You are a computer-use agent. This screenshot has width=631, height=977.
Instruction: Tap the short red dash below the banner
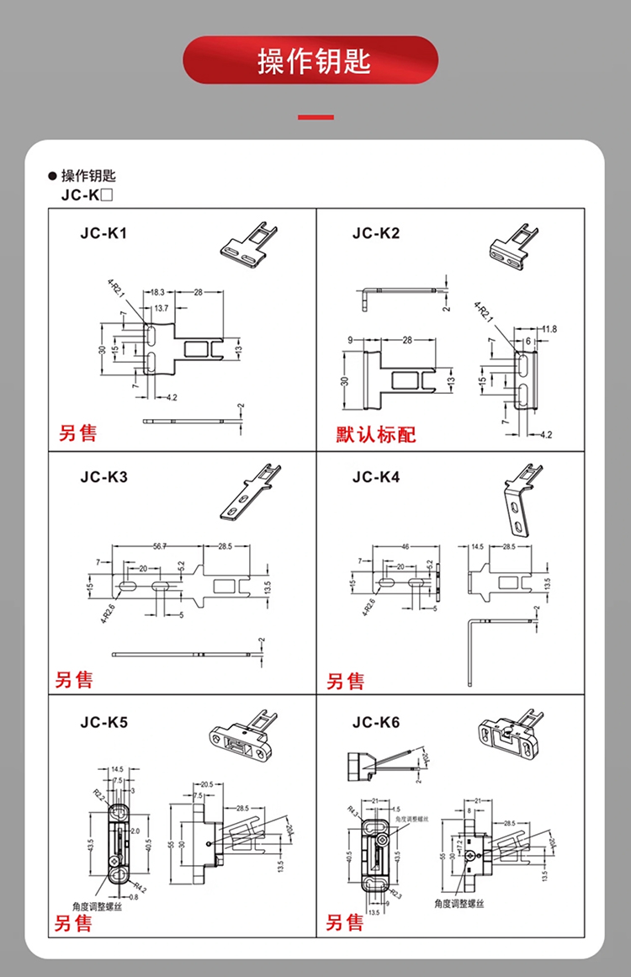click(x=315, y=117)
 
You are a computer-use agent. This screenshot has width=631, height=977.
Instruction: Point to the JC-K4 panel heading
click(x=376, y=477)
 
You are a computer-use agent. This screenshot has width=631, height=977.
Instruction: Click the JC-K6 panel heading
click(x=376, y=722)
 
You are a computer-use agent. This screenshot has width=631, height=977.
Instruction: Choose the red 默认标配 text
click(x=376, y=434)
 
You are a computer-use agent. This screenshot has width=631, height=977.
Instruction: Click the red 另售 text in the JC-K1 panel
click(x=77, y=433)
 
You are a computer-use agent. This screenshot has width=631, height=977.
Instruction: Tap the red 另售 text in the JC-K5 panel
click(x=74, y=922)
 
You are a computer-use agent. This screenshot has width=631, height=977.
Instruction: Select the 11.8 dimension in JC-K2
click(x=549, y=327)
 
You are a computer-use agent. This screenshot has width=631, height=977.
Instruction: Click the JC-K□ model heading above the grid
click(x=87, y=194)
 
